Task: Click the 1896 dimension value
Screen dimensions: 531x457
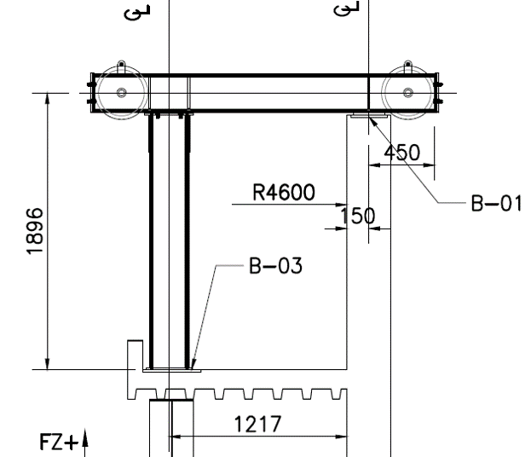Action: tap(35, 231)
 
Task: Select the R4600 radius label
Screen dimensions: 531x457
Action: tap(284, 192)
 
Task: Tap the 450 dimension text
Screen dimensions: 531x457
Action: tap(402, 153)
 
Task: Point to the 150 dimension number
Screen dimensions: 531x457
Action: tap(357, 216)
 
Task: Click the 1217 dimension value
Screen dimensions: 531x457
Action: tap(257, 424)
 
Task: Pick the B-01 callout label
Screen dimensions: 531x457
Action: tap(496, 203)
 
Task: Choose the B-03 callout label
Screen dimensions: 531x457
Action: tap(275, 265)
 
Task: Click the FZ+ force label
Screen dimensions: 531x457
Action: tap(59, 442)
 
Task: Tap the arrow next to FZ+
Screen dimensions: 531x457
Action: tap(85, 443)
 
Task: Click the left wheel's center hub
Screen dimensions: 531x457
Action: tap(122, 92)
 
